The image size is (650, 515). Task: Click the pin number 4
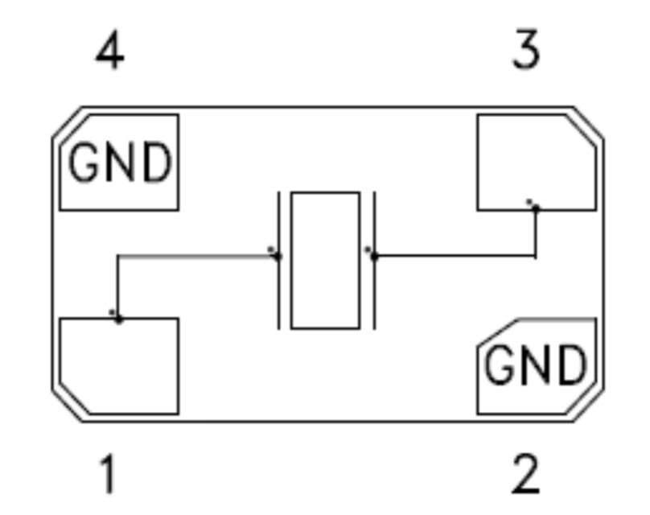coord(110,50)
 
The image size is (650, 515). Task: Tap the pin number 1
coord(107,473)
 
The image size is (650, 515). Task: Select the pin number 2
coord(525,473)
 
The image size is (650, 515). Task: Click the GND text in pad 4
coord(120,162)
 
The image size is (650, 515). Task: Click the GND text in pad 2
coord(536,365)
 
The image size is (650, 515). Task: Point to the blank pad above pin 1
coord(119,365)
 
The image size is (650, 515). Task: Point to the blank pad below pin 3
coord(537,162)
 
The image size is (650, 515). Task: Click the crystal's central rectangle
coord(326,261)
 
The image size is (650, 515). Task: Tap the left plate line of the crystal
coord(279,261)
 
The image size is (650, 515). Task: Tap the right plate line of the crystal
coord(375,261)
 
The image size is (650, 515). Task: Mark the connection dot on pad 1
coord(118,319)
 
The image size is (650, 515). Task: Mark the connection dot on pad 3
coord(536,208)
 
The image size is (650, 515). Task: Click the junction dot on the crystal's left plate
coord(278,257)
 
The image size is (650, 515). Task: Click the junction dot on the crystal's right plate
coord(374,257)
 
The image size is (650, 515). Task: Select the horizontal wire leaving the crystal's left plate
coord(198,256)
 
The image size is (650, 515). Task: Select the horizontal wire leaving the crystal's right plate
coord(455,256)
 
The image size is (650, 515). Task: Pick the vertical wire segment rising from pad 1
coord(117,287)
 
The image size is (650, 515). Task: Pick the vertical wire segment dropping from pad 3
coord(536,233)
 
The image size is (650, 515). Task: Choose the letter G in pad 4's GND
coord(84,162)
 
